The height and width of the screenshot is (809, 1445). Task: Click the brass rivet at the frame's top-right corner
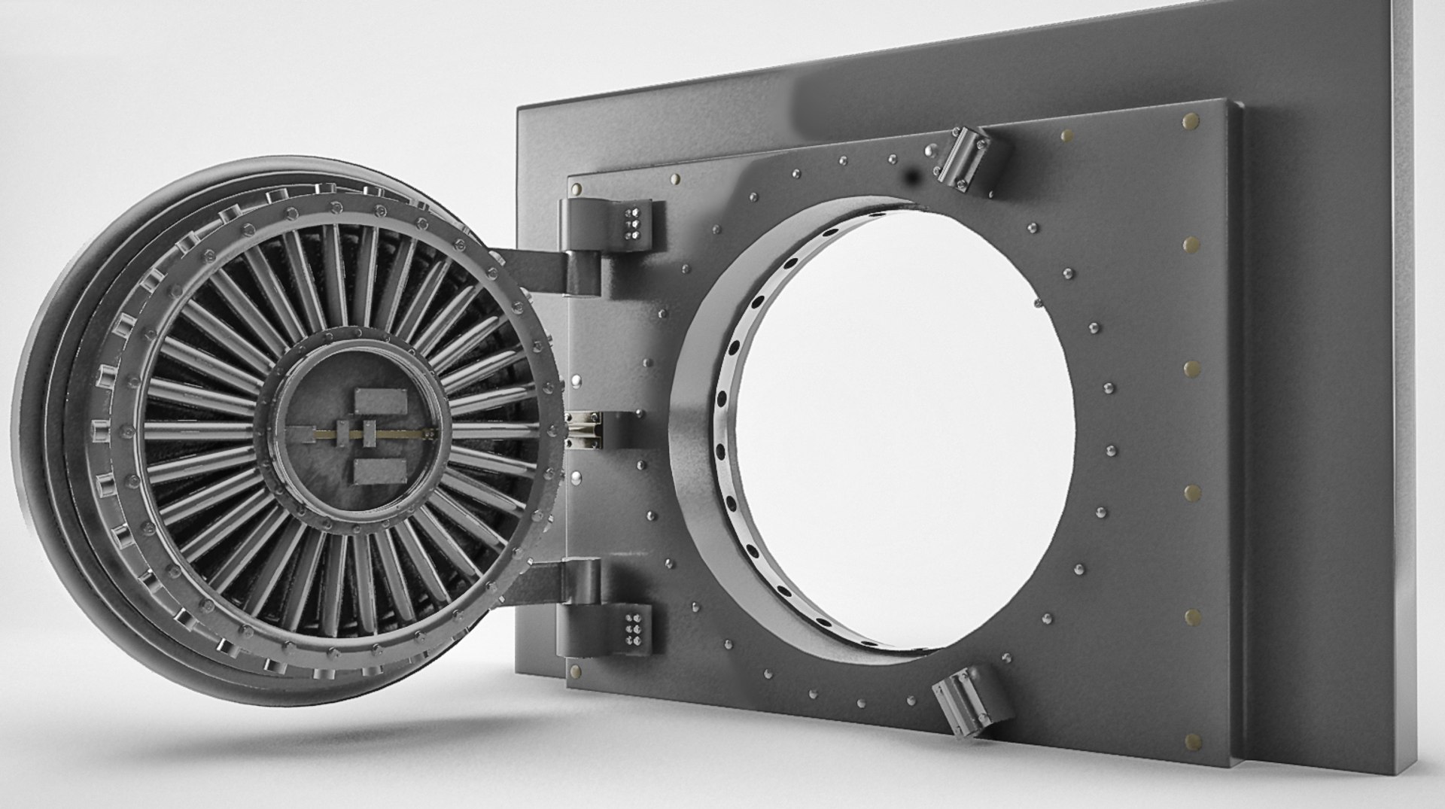1191,121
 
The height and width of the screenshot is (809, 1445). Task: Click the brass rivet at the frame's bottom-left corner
576,668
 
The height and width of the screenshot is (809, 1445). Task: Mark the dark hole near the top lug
913,178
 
